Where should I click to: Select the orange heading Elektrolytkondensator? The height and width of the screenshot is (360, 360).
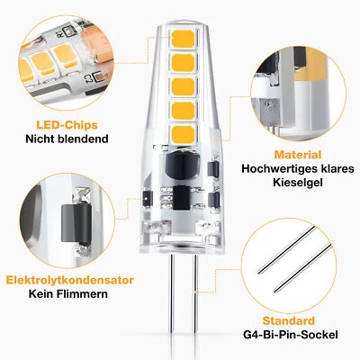(68, 280)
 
